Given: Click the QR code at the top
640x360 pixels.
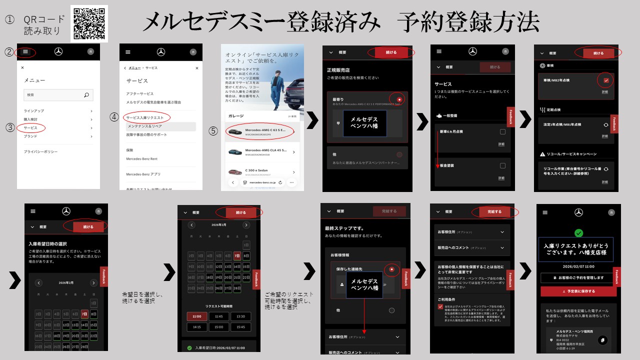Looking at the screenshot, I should click(89, 23).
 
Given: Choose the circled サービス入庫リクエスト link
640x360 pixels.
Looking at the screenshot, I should click(145, 117).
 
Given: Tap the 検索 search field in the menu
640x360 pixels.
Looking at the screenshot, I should click(58, 94).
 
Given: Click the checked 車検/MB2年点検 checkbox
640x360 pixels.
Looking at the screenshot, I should click(606, 80).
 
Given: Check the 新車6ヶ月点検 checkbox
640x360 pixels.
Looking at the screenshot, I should click(502, 132).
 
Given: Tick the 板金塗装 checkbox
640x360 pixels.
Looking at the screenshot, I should click(502, 165).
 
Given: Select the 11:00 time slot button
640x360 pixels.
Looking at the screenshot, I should click(196, 316).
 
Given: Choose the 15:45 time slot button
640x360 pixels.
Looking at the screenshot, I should click(240, 327).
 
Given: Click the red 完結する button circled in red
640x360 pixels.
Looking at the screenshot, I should click(494, 212).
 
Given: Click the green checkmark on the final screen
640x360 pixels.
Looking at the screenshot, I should click(578, 232).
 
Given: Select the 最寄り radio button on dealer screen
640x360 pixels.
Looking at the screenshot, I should click(399, 99).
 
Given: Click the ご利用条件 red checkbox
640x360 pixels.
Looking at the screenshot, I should click(439, 306).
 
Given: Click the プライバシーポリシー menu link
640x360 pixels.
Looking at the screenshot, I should click(40, 151).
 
